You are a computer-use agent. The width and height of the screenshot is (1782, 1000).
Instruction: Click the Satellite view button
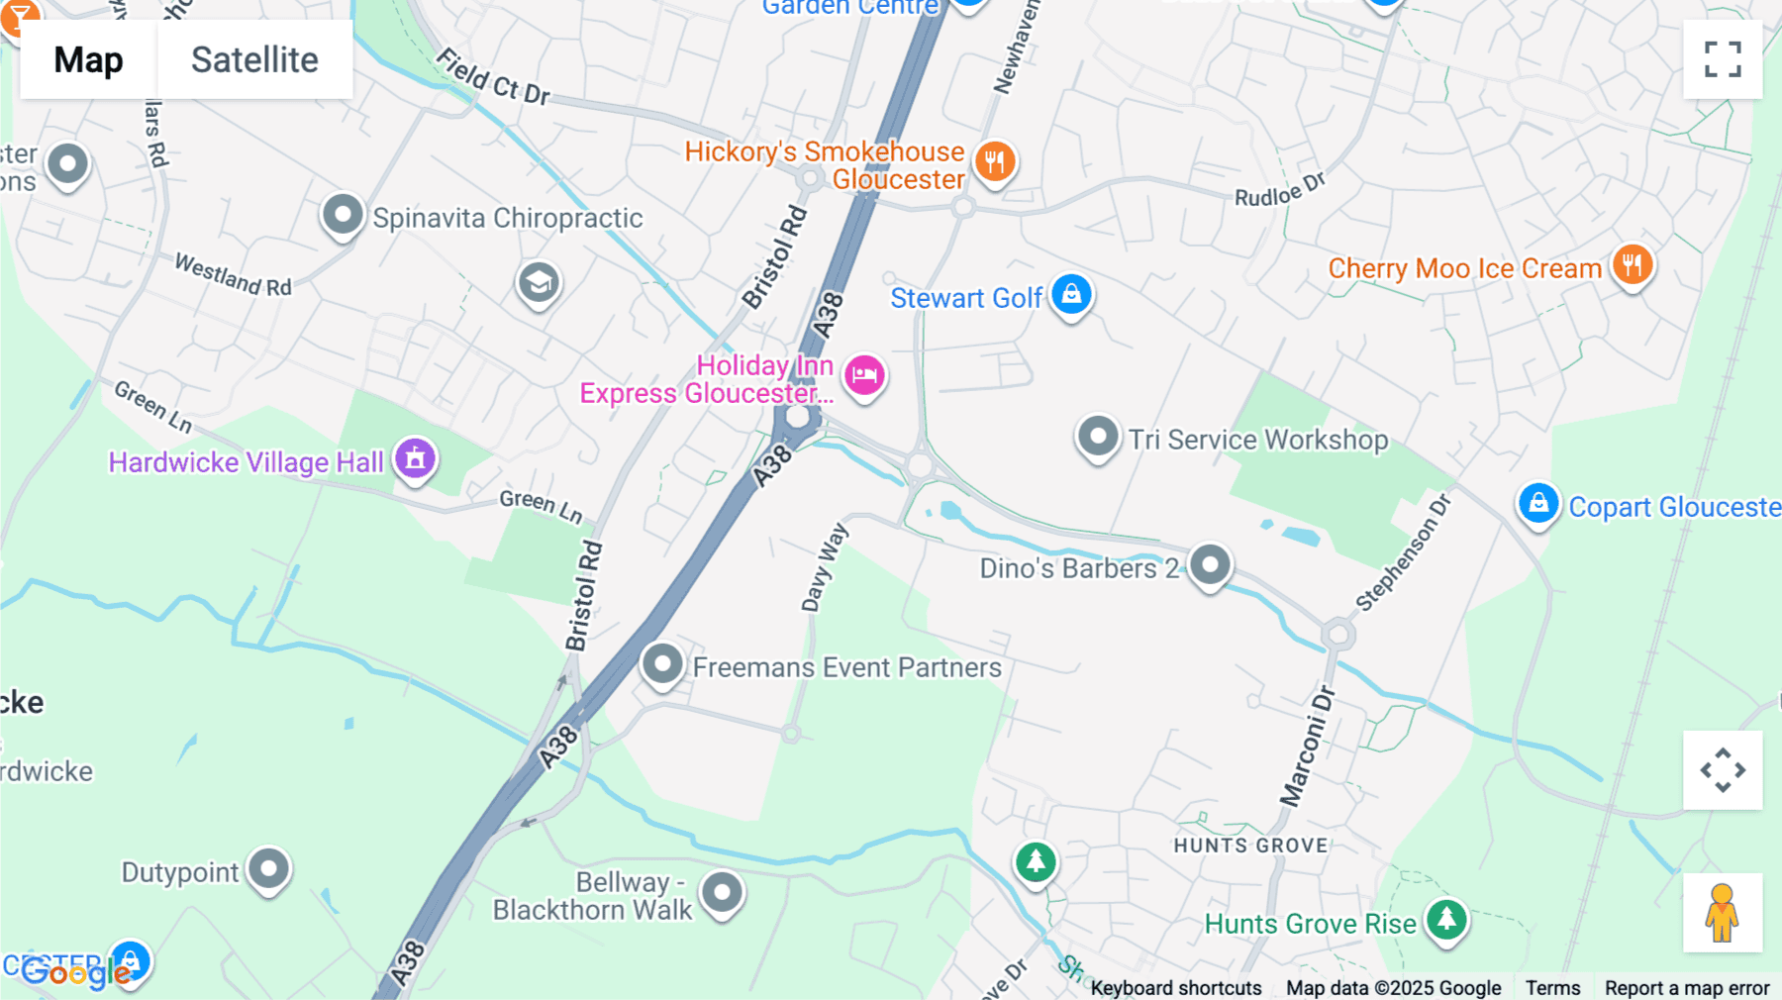click(254, 59)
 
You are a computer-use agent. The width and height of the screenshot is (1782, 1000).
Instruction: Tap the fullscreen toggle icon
click(1723, 59)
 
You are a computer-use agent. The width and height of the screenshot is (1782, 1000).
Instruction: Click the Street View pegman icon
click(1723, 912)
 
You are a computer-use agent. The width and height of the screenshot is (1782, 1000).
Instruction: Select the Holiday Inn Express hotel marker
click(864, 375)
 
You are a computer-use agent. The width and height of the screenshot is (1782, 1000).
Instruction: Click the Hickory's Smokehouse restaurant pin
click(995, 161)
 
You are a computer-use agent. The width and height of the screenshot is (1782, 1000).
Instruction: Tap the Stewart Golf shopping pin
click(1071, 294)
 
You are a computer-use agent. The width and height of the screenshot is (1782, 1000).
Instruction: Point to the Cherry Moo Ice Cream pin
click(1632, 265)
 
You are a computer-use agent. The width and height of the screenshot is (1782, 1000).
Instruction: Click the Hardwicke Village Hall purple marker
click(415, 458)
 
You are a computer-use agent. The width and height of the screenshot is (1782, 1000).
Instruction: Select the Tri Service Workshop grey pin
click(1097, 437)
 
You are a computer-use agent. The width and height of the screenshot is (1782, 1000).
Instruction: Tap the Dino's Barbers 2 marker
click(1210, 565)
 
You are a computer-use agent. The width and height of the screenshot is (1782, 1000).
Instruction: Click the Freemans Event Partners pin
click(662, 664)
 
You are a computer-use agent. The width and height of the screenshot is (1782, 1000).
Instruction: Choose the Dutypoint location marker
click(268, 869)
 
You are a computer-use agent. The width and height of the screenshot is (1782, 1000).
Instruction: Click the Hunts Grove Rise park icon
click(1446, 920)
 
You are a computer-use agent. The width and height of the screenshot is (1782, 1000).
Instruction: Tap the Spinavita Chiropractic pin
click(343, 215)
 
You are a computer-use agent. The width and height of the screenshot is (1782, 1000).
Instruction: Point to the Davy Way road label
click(824, 568)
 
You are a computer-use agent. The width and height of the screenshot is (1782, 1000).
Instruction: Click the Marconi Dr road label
click(1307, 747)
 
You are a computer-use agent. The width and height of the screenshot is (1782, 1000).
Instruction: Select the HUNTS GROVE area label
click(1250, 846)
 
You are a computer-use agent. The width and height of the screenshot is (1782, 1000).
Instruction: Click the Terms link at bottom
click(1552, 988)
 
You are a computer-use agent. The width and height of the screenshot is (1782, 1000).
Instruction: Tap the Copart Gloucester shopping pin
click(1538, 504)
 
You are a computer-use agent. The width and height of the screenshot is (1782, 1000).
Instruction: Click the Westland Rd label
click(233, 274)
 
